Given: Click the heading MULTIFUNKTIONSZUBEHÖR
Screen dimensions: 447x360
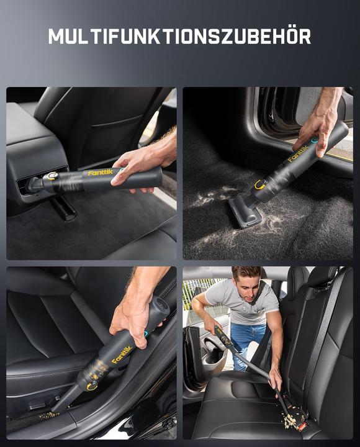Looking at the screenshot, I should coord(180,37).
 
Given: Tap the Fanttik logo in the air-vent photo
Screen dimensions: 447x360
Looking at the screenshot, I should coord(101,173).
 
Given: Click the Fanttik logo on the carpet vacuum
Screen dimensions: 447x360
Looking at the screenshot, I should coord(299,153).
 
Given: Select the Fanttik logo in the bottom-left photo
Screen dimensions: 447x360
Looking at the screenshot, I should coord(122,355).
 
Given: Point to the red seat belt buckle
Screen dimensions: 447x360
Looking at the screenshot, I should coord(304,427).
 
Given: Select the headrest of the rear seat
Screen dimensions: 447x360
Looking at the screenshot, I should coord(322,276).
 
